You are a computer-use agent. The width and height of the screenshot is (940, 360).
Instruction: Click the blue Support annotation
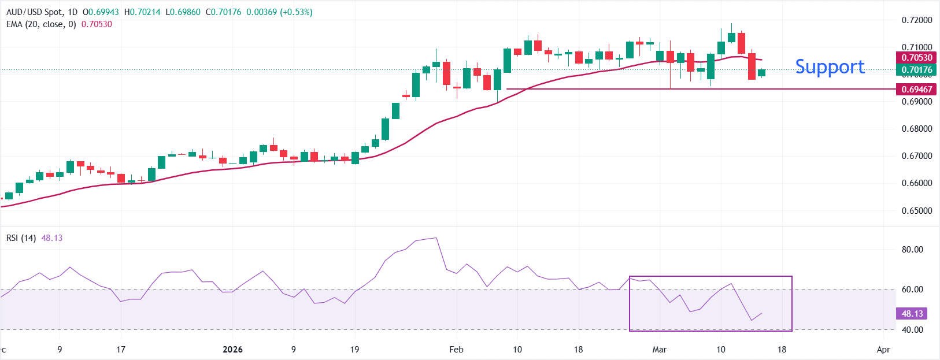[830, 67]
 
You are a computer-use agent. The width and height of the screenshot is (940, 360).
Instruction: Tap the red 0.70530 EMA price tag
[917, 58]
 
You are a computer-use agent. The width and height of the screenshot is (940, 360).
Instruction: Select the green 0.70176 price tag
[917, 70]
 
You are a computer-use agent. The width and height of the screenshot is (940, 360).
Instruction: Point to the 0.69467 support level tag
[917, 89]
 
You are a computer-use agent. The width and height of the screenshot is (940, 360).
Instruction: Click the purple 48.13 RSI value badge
[912, 313]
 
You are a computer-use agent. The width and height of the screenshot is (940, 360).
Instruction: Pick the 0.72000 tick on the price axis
[917, 20]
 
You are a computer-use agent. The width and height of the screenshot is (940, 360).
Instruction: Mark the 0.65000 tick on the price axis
[917, 210]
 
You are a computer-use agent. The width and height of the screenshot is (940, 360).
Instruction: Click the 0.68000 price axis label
[917, 129]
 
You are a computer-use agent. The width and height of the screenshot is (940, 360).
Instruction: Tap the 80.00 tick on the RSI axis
[912, 250]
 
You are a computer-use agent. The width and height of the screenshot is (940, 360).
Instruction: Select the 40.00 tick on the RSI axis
[912, 330]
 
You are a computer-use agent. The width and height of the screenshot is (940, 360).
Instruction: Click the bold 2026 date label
[232, 350]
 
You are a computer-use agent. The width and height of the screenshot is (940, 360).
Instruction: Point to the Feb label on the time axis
[456, 350]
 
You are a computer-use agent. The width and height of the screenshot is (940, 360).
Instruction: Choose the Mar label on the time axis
[659, 350]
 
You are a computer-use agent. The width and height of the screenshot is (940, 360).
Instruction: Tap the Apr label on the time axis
[883, 350]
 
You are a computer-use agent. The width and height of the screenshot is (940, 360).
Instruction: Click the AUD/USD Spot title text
[34, 12]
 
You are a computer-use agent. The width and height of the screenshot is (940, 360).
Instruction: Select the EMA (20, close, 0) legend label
[41, 24]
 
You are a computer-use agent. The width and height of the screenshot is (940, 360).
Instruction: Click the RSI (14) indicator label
[21, 238]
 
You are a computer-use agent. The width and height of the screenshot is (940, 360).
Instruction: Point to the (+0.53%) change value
[296, 12]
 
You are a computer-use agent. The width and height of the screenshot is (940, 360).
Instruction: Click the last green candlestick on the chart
[761, 72]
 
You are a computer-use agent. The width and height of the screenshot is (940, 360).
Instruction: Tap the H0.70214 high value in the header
[142, 12]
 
